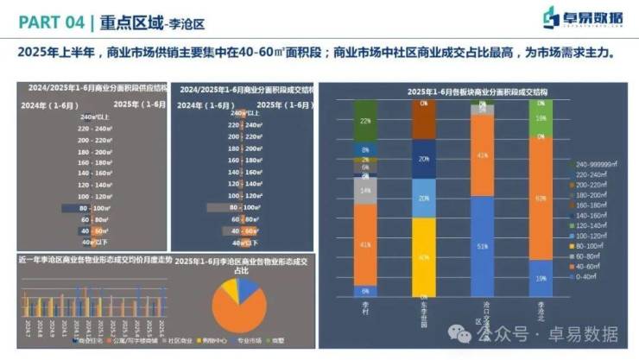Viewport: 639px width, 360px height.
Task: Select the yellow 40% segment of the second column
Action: (x=423, y=256)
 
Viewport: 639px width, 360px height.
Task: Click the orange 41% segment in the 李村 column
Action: (x=365, y=244)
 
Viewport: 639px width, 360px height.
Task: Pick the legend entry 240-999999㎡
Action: (x=596, y=161)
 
